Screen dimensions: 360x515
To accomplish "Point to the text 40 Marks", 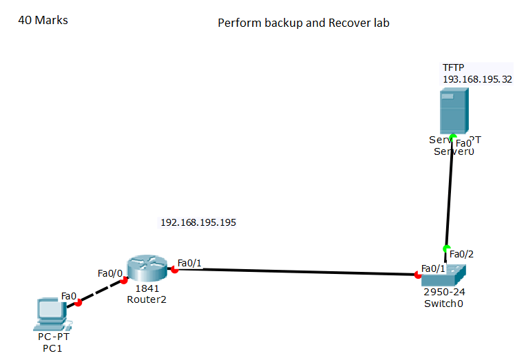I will pyautogui.click(x=43, y=20).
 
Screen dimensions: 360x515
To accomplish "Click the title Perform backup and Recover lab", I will pyautogui.click(x=304, y=23).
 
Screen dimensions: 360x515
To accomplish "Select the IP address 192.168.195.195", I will pyautogui.click(x=198, y=222).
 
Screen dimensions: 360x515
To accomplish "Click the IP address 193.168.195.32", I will pyautogui.click(x=477, y=79).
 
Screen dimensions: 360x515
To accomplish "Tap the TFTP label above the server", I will pyautogui.click(x=453, y=67).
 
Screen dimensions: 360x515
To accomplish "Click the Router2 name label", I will pyautogui.click(x=146, y=299).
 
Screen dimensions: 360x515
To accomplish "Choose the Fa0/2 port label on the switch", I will pyautogui.click(x=461, y=254).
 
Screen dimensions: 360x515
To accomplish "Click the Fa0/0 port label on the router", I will pyautogui.click(x=110, y=273).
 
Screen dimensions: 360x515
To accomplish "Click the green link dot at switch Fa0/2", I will pyautogui.click(x=446, y=248).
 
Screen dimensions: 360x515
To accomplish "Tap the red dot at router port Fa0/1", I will pyautogui.click(x=174, y=270).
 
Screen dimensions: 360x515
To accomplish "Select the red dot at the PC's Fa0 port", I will pyautogui.click(x=78, y=302).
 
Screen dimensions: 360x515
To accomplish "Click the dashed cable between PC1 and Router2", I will pyautogui.click(x=101, y=291).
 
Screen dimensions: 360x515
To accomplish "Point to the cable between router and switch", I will pyautogui.click(x=296, y=272).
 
